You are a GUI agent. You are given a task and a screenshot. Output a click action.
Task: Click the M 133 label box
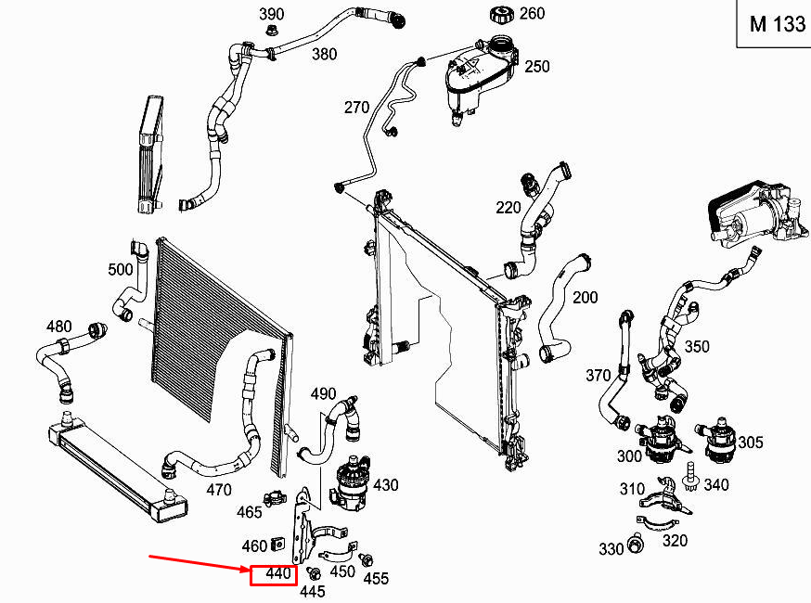pyautogui.click(x=777, y=24)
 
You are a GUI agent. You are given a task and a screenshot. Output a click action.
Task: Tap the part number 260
pyautogui.click(x=532, y=13)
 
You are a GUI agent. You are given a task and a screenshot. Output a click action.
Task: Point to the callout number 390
pyautogui.click(x=271, y=14)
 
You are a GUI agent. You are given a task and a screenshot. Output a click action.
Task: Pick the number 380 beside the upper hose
pyautogui.click(x=324, y=54)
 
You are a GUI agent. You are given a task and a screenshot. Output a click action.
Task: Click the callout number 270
pyautogui.click(x=356, y=106)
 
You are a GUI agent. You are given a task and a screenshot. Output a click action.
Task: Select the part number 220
pyautogui.click(x=508, y=207)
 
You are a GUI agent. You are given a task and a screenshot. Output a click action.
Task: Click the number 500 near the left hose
pyautogui.click(x=121, y=270)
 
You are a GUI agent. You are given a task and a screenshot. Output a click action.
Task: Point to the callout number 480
pyautogui.click(x=58, y=327)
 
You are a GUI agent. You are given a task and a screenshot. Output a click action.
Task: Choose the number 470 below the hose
pyautogui.click(x=218, y=489)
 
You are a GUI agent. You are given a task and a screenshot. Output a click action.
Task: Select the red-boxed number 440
pyautogui.click(x=273, y=574)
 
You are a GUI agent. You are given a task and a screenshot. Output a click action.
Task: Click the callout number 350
pyautogui.click(x=696, y=346)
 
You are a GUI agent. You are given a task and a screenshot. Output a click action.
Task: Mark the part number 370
pyautogui.click(x=598, y=375)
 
